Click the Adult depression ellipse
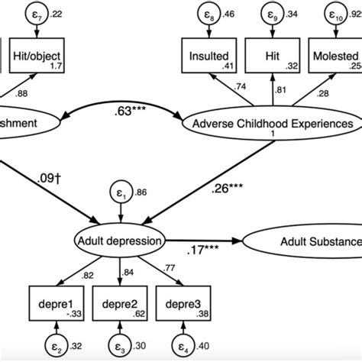119,242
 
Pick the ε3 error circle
119,345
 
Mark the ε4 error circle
185,345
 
